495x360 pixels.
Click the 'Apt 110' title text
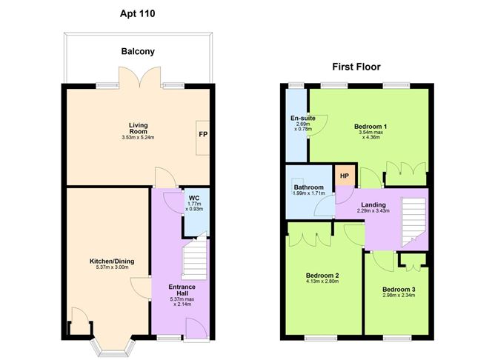(x=138, y=13)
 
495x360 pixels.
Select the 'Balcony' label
(x=138, y=52)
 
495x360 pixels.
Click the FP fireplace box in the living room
(x=202, y=136)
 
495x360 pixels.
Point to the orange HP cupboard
(x=344, y=176)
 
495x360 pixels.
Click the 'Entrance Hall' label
(x=182, y=290)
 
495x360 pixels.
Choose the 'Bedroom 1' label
(x=371, y=126)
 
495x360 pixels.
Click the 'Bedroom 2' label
(x=322, y=274)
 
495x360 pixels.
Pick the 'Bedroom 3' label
(x=399, y=289)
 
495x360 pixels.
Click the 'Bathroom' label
(x=308, y=187)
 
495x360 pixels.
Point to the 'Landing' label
(x=374, y=205)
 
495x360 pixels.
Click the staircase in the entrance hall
(x=194, y=259)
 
